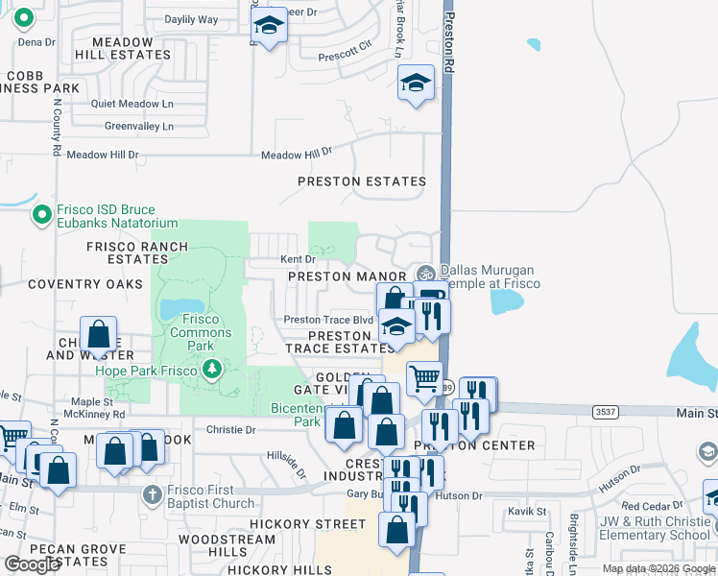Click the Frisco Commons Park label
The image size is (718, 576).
tap(201, 326)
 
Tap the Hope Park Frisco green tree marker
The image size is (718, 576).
tap(212, 370)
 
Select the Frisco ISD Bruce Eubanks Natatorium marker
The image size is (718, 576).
tap(41, 216)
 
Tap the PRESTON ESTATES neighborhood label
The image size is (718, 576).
tap(361, 181)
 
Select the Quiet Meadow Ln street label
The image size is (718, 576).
tap(133, 104)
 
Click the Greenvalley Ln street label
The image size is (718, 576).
tap(139, 126)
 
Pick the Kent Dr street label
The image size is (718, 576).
tap(298, 259)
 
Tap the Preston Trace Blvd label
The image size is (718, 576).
tap(327, 320)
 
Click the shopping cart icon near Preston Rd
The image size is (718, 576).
tap(424, 376)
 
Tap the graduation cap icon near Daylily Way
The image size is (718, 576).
tap(270, 28)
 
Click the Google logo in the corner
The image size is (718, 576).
tap(32, 564)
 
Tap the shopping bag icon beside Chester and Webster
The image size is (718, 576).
tap(98, 335)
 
